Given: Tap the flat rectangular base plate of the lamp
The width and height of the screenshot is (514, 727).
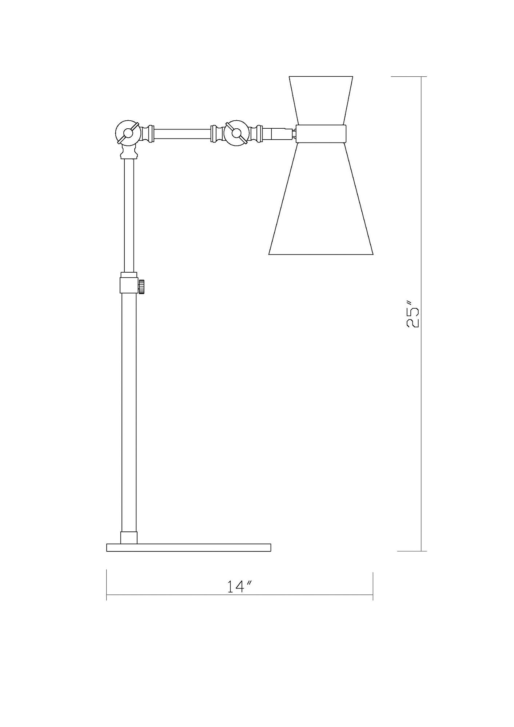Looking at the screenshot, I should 188,558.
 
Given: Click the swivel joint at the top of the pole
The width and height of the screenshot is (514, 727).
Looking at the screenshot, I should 128,133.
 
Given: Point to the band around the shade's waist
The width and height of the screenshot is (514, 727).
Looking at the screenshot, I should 320,133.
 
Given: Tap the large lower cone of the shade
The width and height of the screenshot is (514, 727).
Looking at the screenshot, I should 321,204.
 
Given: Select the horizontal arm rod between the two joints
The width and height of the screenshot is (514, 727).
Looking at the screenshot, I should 182,133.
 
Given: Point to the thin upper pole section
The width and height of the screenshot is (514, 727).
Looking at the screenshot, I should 129,214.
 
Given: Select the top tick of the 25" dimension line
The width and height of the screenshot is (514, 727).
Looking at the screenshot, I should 421,77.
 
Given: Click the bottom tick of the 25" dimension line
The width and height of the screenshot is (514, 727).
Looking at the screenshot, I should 421,561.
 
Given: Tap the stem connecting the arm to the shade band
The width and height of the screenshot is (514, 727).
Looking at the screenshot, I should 282,133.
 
